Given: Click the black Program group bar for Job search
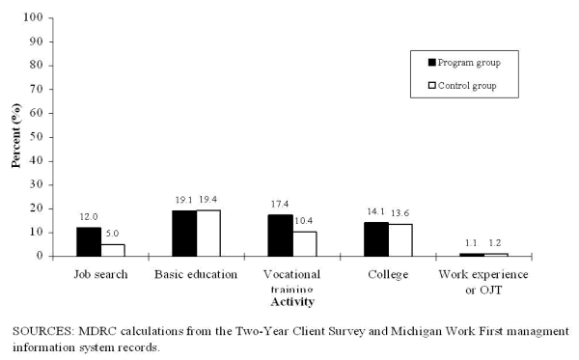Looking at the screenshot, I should click(x=89, y=242).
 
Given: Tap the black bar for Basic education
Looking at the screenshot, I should click(x=184, y=234).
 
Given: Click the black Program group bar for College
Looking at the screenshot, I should click(x=376, y=239).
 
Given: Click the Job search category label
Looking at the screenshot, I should click(x=100, y=274).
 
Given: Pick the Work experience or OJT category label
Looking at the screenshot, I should click(x=484, y=280).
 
